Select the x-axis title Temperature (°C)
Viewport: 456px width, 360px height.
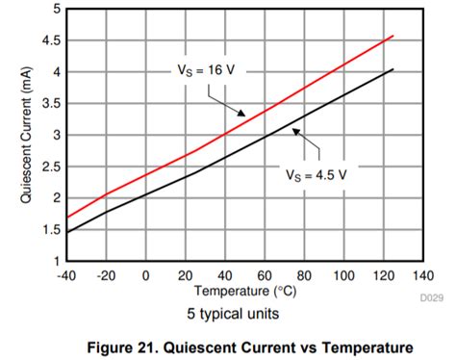click(242, 290)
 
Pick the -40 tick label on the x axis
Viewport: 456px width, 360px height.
click(65, 275)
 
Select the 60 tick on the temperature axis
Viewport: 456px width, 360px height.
click(264, 275)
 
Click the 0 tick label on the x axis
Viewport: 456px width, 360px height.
click(145, 275)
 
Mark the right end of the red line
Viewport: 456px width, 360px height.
click(393, 36)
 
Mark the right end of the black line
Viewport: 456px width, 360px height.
click(393, 69)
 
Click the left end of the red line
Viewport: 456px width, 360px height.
click(66, 217)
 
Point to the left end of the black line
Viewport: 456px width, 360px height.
click(66, 232)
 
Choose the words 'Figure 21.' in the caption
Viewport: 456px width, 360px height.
click(123, 347)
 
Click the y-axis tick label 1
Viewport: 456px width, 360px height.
click(56, 261)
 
